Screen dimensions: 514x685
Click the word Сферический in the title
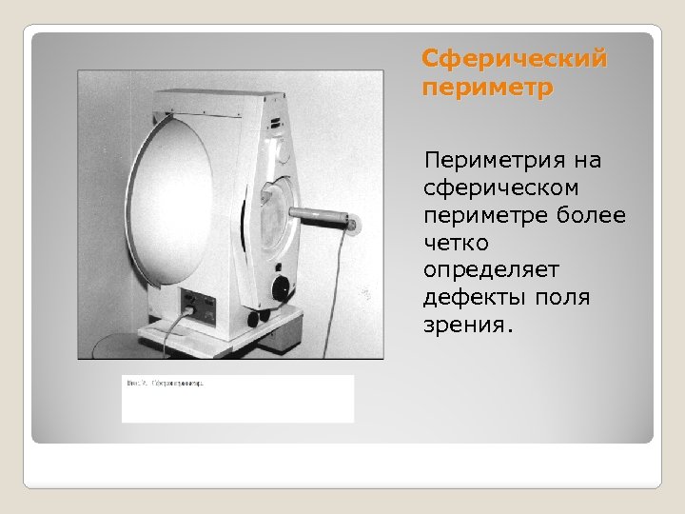[x=514, y=60]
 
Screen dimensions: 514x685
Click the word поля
[x=564, y=299]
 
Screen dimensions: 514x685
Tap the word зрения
[x=468, y=326]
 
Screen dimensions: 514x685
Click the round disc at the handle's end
[x=353, y=226]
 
